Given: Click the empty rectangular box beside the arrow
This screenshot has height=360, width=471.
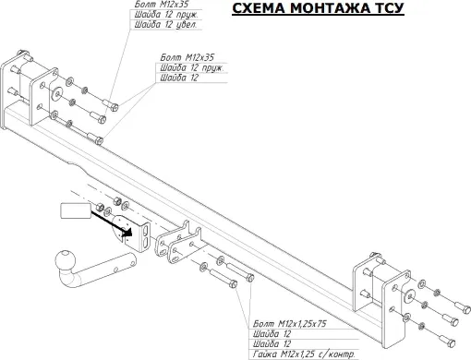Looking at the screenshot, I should click(x=75, y=211).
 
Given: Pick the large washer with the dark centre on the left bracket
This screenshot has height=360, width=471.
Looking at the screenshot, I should click(x=57, y=96).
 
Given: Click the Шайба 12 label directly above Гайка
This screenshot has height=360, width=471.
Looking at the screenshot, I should click(x=269, y=344).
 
